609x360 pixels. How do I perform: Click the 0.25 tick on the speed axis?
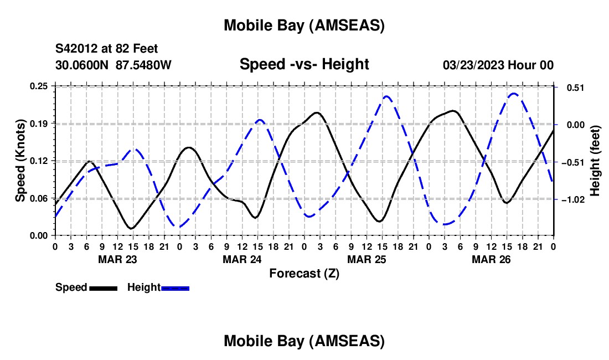pos(39,86)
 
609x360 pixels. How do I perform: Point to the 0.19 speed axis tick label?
pos(39,123)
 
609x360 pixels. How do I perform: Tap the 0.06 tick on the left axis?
pos(39,198)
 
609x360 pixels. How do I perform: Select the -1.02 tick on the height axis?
pos(571,199)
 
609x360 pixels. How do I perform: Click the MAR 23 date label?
pos(117,259)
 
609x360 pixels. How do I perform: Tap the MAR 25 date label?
pos(366,259)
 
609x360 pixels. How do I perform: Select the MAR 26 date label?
pos(491,259)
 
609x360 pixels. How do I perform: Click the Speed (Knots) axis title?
pos(20,161)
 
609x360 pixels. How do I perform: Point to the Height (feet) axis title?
pos(595,161)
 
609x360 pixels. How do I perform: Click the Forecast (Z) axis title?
pos(304,273)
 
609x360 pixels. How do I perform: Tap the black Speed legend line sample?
pos(102,288)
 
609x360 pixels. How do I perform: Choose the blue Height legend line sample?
pos(175,288)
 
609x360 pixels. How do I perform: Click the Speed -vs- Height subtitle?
pos(304,64)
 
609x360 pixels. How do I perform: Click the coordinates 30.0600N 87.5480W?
pos(113,65)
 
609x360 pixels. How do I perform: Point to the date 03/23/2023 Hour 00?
pos(498,65)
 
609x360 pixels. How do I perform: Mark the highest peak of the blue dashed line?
pos(514,94)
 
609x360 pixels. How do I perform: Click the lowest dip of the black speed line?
pos(131,228)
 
